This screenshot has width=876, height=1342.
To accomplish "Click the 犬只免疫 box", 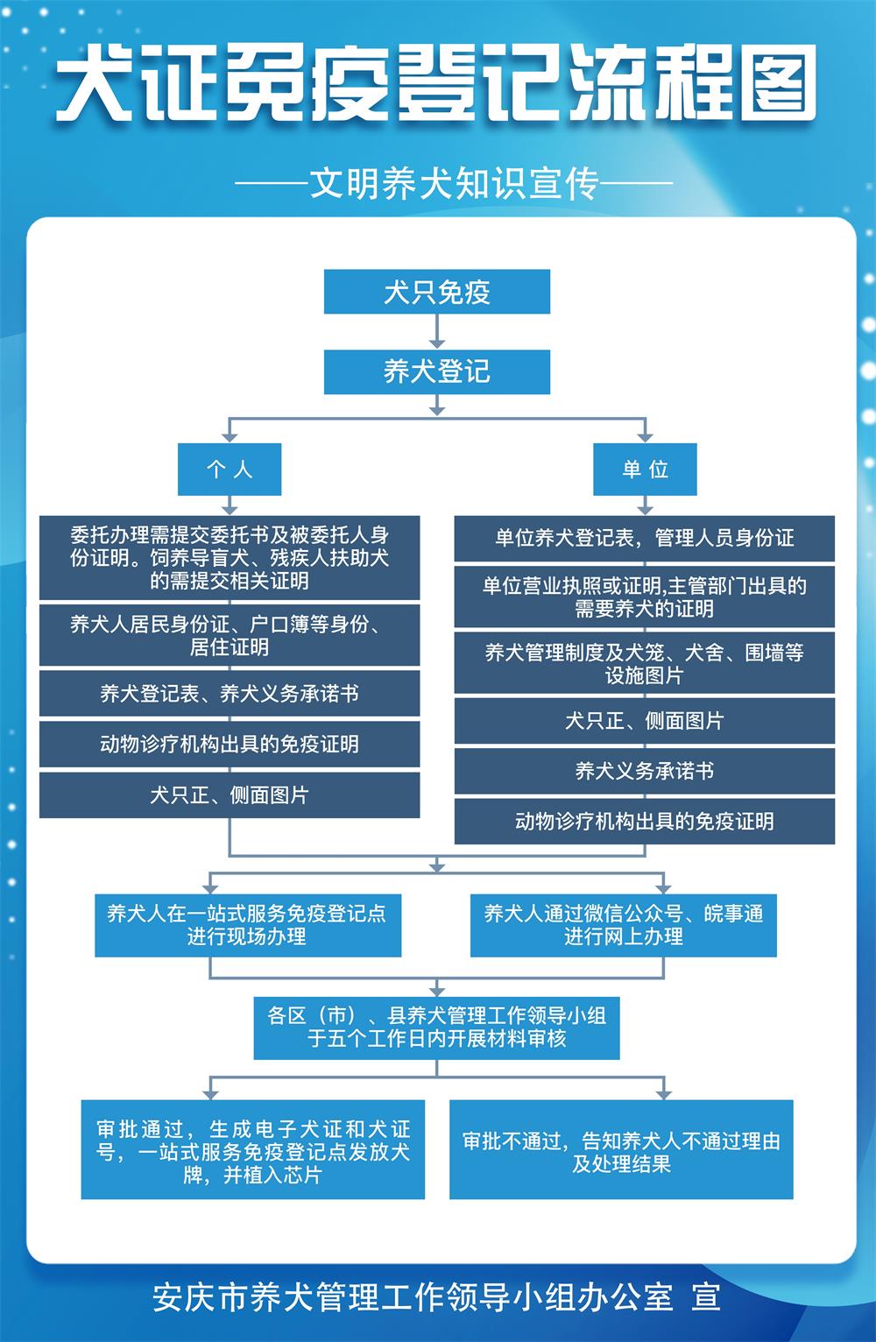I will [x=436, y=292].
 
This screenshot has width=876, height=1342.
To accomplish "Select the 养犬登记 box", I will [x=436, y=371].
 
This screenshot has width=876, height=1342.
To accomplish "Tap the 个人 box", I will [x=230, y=470].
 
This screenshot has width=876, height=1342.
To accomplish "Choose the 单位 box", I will [x=645, y=470].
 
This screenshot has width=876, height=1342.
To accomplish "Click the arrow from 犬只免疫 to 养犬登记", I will [x=437, y=332].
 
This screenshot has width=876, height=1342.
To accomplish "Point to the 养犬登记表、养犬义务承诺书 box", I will [x=230, y=694].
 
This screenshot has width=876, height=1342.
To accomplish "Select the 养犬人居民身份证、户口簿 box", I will [x=230, y=635].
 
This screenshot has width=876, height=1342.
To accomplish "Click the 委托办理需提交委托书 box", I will [x=230, y=558].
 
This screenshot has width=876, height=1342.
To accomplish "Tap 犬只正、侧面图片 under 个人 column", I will [x=230, y=795].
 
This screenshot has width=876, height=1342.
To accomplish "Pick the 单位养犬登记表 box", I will [x=644, y=538].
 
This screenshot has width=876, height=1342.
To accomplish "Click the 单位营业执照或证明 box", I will [x=644, y=597].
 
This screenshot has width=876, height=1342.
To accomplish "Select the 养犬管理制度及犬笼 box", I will [x=644, y=663].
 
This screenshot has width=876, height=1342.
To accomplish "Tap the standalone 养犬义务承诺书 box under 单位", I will [x=644, y=771].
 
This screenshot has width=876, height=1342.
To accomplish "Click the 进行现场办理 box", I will [x=247, y=925].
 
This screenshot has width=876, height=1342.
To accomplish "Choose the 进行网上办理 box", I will [x=623, y=925].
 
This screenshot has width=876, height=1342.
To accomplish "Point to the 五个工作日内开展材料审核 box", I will [x=436, y=1027].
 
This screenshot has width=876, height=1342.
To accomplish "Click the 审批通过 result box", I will [x=252, y=1150].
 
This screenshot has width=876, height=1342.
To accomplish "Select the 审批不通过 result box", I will [x=621, y=1150].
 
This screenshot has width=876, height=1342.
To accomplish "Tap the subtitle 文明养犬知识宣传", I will [x=454, y=184].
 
